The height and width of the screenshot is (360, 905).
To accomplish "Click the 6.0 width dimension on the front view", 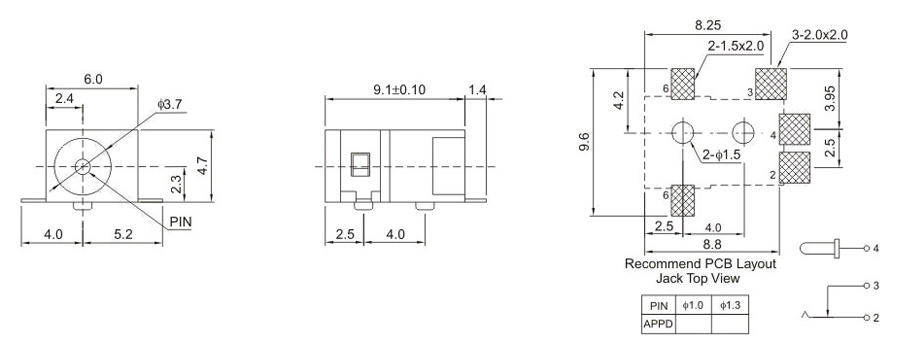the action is click(x=93, y=80).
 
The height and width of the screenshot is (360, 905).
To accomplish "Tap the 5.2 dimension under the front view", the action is click(x=123, y=234).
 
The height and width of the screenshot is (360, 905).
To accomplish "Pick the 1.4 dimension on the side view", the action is click(x=477, y=89).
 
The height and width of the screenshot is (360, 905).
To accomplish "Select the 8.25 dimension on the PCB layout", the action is click(x=708, y=25).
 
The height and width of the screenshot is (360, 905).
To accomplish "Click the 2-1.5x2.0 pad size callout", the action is click(x=735, y=46).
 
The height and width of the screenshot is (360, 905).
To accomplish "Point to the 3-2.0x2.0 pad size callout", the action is click(x=819, y=35).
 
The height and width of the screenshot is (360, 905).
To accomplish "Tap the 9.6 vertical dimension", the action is click(x=584, y=142).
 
